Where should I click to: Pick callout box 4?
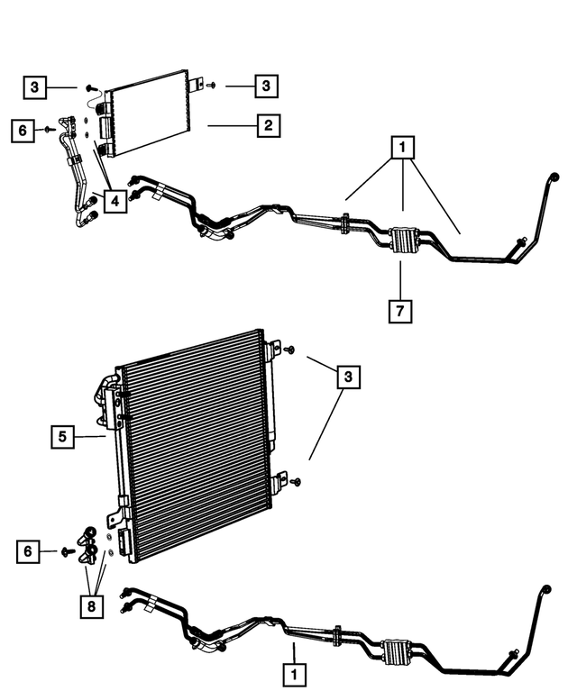[x=115, y=202]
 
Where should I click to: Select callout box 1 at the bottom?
[x=293, y=672]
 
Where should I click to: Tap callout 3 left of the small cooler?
[x=34, y=86]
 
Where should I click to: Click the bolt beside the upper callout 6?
[x=48, y=131]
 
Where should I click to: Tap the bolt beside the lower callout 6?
[x=67, y=550]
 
